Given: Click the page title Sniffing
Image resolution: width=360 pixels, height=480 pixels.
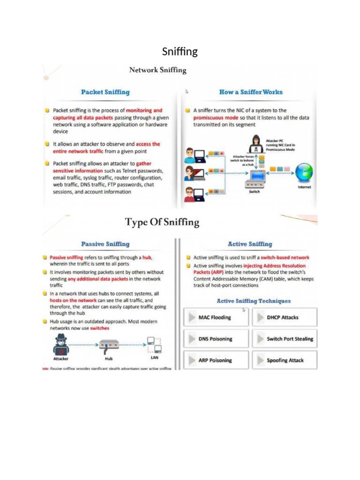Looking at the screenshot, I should click(x=180, y=51).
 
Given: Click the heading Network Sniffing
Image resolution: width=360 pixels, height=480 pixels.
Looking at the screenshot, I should click(x=157, y=70).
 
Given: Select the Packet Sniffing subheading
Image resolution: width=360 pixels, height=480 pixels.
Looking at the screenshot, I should click(x=105, y=92).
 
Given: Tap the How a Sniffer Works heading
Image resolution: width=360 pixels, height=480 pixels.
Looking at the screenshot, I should click(x=251, y=92).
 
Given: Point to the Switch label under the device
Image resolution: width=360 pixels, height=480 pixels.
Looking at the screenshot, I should click(x=254, y=192).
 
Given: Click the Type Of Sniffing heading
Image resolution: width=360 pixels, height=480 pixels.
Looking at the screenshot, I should click(x=162, y=222).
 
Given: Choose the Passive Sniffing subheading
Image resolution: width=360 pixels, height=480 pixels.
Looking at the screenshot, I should click(x=105, y=244).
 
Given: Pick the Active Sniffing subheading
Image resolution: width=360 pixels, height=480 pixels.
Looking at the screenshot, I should click(x=250, y=244).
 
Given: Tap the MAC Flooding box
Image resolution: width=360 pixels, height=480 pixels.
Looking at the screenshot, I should click(x=216, y=317).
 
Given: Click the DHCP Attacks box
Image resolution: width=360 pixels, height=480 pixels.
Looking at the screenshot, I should click(x=285, y=317).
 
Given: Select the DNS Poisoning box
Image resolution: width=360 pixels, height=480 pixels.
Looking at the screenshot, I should click(x=216, y=339).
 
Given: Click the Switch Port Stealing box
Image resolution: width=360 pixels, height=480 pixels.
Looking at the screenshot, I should click(x=285, y=339).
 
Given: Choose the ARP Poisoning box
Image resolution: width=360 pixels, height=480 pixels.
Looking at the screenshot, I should click(x=216, y=360).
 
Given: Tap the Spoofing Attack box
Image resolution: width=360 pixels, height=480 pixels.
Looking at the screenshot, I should click(x=285, y=360).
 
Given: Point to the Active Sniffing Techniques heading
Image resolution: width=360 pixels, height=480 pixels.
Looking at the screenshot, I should click(x=254, y=301).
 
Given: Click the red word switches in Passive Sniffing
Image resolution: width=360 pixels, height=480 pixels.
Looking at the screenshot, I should click(x=100, y=329).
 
